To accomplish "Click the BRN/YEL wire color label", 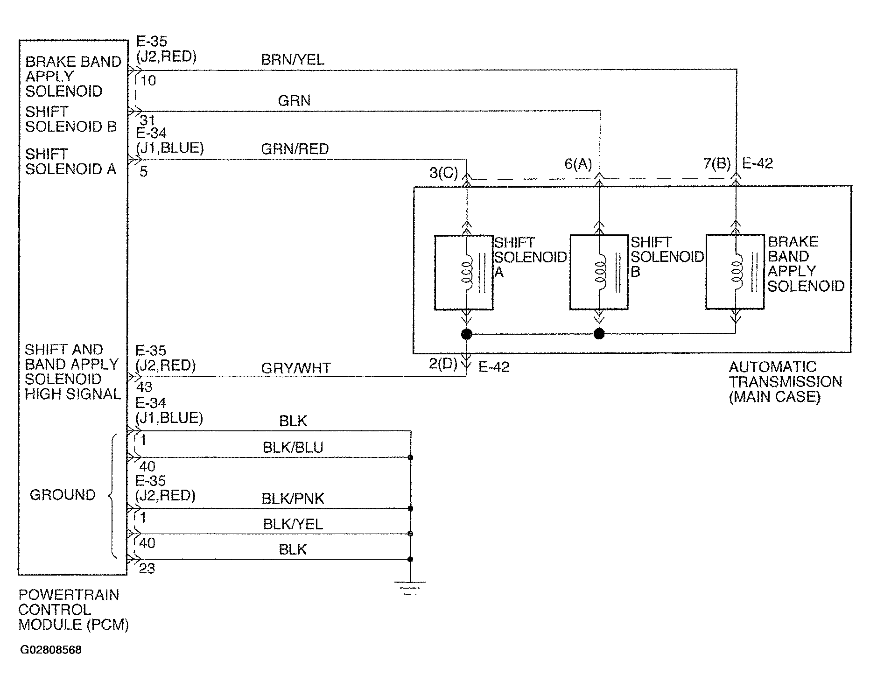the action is [293, 60].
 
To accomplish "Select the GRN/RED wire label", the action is [295, 149].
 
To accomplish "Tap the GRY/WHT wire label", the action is [296, 368].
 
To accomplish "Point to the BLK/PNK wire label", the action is [293, 499].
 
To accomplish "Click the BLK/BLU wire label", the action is [293, 448].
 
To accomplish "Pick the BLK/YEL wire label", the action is [293, 524].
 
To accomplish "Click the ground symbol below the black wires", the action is [410, 588].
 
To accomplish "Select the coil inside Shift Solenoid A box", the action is [466, 272].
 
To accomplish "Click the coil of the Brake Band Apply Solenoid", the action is [737, 272].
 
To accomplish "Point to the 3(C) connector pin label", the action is [443, 173].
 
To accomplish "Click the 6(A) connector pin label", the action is [578, 164].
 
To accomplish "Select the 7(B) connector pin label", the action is [717, 163].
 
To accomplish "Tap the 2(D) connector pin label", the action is [443, 364].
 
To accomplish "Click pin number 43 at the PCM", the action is [144, 387].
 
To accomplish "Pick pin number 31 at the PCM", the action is [147, 121].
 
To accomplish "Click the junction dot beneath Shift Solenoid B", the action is [599, 334].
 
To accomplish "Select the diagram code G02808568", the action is [51, 650].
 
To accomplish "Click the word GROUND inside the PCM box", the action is [63, 495].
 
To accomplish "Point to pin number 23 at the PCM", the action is [147, 569].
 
